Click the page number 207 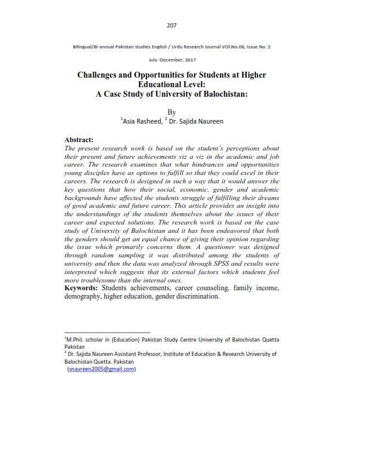tap(172, 25)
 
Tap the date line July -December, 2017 tap(172, 60)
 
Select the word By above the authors tap(172, 112)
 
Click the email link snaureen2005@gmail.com tap(102, 368)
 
